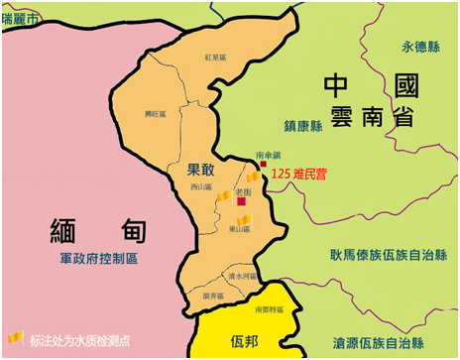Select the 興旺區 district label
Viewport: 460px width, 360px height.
click(x=154, y=114)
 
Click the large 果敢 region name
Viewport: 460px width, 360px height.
click(x=201, y=171)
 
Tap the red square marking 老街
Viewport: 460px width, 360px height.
click(x=241, y=201)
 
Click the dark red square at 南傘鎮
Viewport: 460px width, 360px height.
click(x=264, y=165)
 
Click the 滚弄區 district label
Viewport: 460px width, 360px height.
click(x=213, y=296)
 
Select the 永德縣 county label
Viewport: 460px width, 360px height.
click(x=418, y=47)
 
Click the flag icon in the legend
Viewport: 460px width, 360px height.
click(x=14, y=338)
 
